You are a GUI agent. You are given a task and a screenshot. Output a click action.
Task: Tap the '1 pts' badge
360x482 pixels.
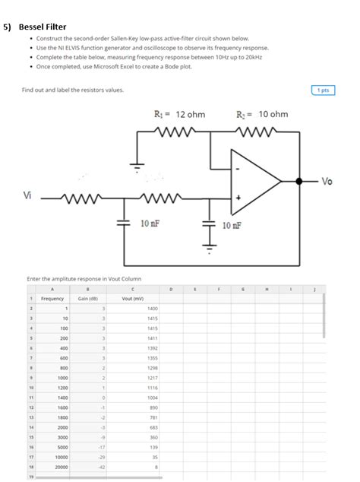(324, 90)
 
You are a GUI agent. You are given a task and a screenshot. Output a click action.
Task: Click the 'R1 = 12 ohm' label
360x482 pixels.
(179, 114)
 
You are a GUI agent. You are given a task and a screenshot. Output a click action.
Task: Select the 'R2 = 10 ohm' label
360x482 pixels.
(262, 114)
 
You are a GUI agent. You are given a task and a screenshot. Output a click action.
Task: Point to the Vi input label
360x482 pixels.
(27, 195)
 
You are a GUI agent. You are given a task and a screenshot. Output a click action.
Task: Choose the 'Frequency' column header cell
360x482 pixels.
(52, 299)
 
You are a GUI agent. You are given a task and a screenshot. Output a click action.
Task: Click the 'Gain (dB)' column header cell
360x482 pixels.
(89, 299)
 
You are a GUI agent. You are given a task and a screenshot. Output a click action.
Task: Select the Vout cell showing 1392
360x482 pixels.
(152, 347)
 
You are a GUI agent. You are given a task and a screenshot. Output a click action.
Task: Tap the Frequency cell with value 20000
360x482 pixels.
(62, 468)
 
